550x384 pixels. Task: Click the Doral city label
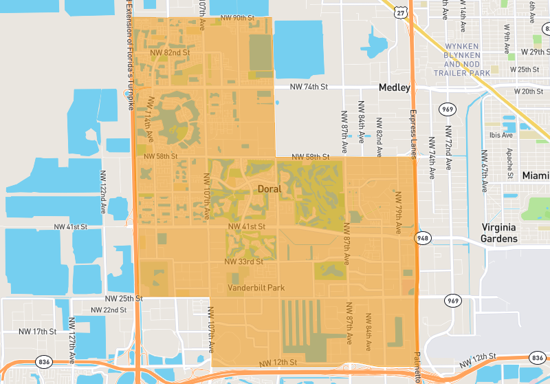(x=269, y=188)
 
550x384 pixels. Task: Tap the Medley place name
(x=394, y=87)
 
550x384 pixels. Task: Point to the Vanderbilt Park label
(x=256, y=288)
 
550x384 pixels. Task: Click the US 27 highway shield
(x=401, y=13)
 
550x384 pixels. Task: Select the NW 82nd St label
(x=170, y=52)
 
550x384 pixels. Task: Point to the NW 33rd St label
(x=244, y=262)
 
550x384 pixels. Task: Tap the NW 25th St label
(x=124, y=299)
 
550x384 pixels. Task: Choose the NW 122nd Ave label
(x=103, y=198)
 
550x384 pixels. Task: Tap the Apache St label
(x=509, y=163)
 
